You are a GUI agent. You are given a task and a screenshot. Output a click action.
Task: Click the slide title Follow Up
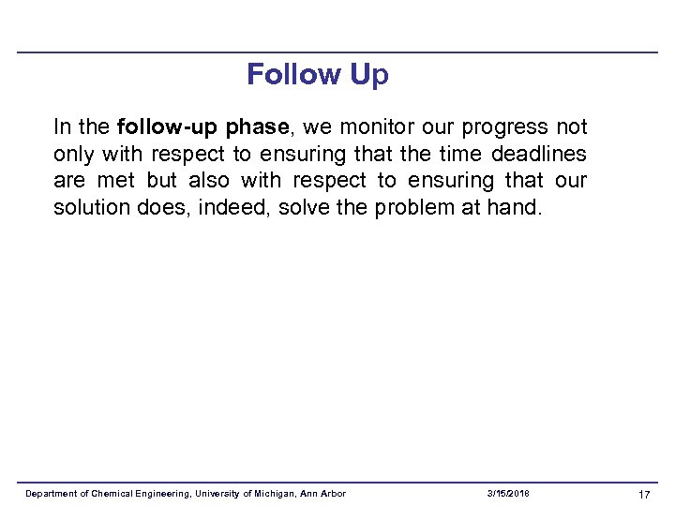click(317, 74)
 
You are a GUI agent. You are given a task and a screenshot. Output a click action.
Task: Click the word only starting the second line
click(73, 154)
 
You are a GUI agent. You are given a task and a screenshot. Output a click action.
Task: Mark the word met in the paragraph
click(116, 180)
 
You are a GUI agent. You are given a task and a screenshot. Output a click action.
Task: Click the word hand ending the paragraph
click(514, 206)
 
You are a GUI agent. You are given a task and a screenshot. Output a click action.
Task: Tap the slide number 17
click(644, 495)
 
